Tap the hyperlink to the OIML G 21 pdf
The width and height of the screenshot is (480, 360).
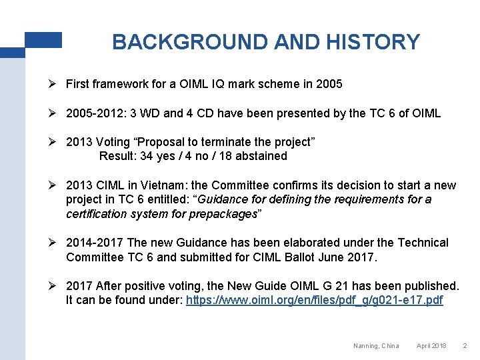click(314, 300)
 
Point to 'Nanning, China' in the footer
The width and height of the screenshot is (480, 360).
click(376, 345)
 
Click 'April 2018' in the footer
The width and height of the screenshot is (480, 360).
click(431, 345)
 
